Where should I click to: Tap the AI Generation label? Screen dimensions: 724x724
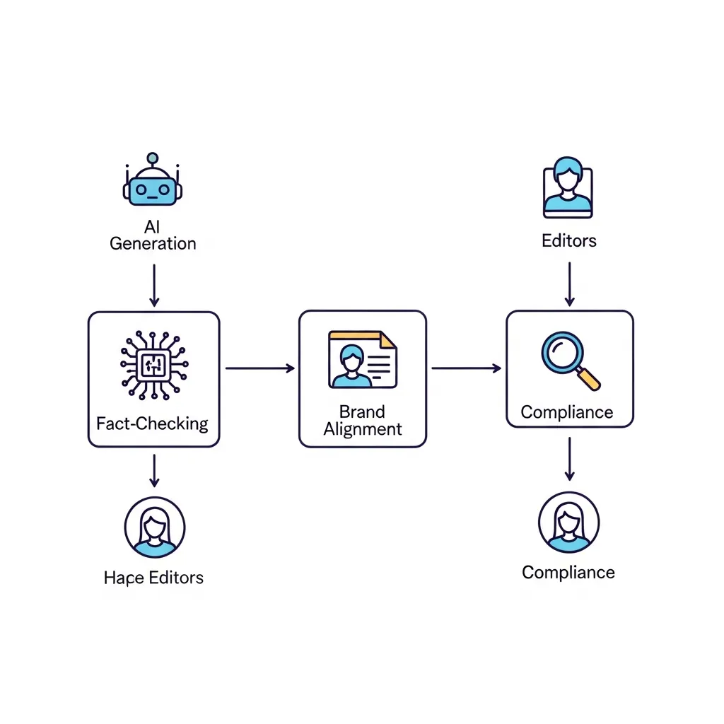click(x=153, y=235)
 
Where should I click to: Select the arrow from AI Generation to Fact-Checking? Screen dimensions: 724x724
click(x=154, y=286)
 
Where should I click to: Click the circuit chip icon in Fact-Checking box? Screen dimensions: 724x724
click(x=153, y=365)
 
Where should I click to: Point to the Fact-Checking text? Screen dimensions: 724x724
click(x=153, y=424)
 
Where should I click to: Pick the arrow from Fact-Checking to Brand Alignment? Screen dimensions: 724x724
click(x=259, y=368)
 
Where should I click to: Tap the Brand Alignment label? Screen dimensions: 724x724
click(x=362, y=420)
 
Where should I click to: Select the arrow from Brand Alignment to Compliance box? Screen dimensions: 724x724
click(x=466, y=368)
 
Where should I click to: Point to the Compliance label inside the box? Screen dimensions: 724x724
click(x=567, y=412)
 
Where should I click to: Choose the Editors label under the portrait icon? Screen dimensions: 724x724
click(x=569, y=241)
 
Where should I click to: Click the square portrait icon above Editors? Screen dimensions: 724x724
click(x=568, y=187)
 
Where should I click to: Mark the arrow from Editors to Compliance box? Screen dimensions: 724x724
click(x=569, y=284)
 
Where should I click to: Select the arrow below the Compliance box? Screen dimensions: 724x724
click(x=569, y=459)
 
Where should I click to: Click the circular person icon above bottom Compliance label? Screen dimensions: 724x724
click(x=568, y=522)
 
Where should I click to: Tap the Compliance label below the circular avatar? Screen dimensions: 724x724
click(x=568, y=572)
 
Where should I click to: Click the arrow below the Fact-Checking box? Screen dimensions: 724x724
click(x=154, y=470)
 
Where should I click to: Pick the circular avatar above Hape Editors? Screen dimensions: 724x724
click(x=154, y=526)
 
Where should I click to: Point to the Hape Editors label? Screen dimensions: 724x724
click(x=153, y=578)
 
